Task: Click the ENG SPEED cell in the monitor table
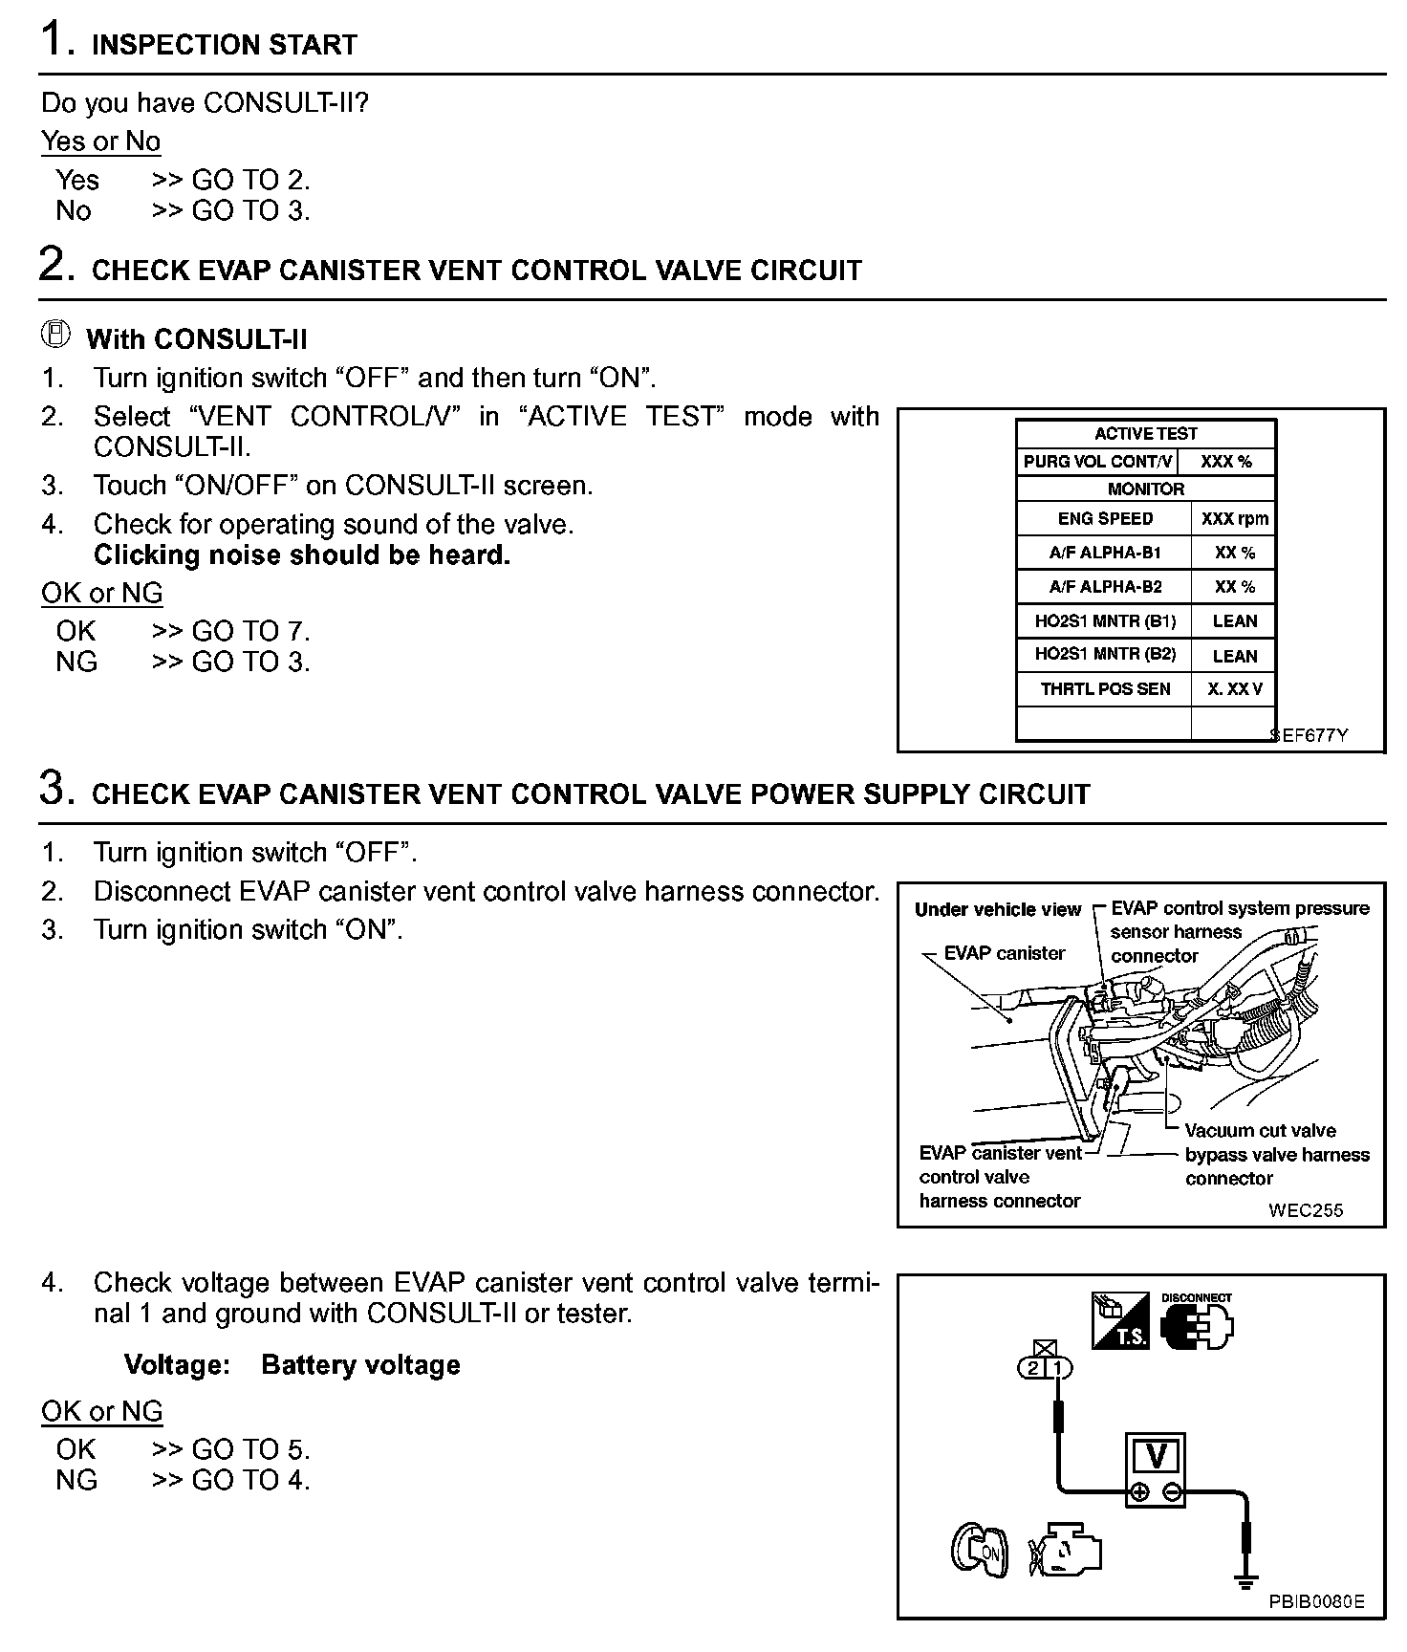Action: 1104,519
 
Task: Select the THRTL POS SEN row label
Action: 1104,688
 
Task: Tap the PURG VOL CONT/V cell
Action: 1096,462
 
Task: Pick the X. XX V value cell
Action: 1234,688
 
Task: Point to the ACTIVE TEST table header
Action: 1145,434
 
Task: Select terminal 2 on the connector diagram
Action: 1033,1368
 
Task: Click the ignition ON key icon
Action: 979,1549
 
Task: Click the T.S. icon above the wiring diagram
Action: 1120,1320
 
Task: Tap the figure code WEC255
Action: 1306,1209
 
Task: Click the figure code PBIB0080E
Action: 1316,1602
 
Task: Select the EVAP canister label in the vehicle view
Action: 1004,953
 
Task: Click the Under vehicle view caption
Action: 997,909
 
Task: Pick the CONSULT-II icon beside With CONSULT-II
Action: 56,334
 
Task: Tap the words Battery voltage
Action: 360,1364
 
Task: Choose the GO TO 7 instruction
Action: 250,631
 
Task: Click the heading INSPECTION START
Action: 224,45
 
